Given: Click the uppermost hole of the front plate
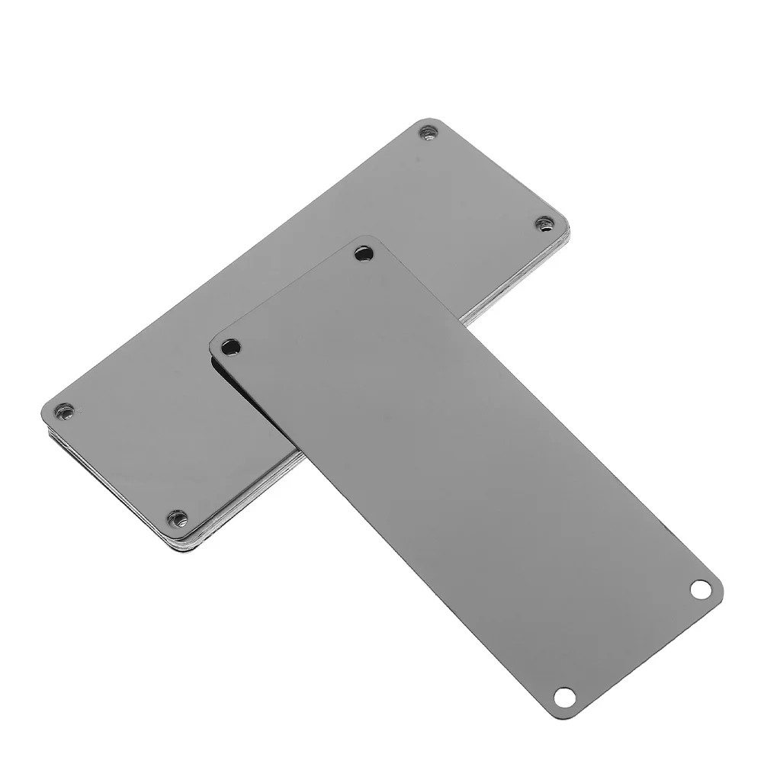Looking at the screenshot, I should pyautogui.click(x=364, y=253).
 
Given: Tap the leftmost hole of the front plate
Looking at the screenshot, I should pyautogui.click(x=230, y=348).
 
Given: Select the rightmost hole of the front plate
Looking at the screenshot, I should pyautogui.click(x=699, y=589).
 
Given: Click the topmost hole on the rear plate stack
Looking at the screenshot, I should pyautogui.click(x=429, y=133).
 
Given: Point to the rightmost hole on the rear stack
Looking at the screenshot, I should pyautogui.click(x=544, y=223).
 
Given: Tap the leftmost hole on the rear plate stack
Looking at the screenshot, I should pyautogui.click(x=66, y=412).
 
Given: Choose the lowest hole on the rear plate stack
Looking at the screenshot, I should pyautogui.click(x=178, y=518).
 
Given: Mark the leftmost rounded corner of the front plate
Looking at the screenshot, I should pyautogui.click(x=214, y=344).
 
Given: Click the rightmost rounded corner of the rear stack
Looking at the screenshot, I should pyautogui.click(x=565, y=223).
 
